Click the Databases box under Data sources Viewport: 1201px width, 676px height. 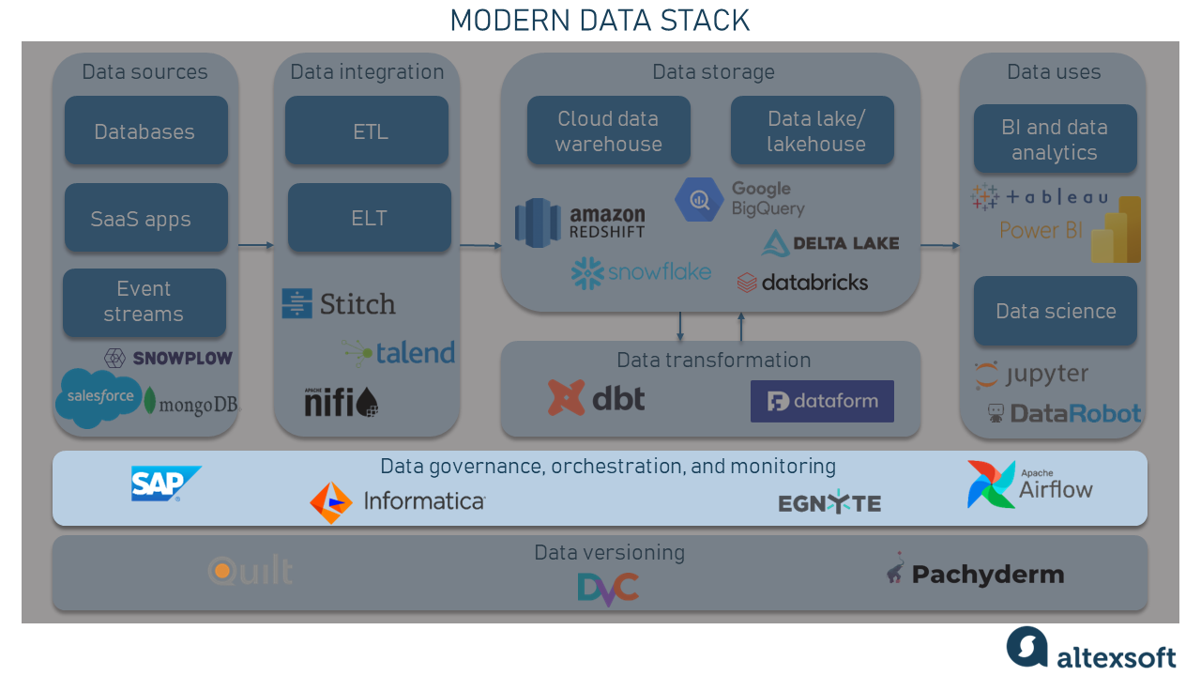(x=145, y=131)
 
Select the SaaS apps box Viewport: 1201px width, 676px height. (x=145, y=219)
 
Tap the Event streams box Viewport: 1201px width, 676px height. (x=144, y=302)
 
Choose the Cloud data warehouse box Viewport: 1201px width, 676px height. (x=608, y=131)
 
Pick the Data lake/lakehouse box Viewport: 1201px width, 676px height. (x=813, y=131)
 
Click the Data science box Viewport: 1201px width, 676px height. (x=1055, y=312)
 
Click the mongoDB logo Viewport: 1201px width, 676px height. (x=191, y=404)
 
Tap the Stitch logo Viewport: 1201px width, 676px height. (x=339, y=304)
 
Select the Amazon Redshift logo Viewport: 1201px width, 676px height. (x=580, y=223)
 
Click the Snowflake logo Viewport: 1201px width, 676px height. (x=641, y=273)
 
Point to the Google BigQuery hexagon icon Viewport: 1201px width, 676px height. (x=699, y=199)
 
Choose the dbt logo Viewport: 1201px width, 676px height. (x=597, y=398)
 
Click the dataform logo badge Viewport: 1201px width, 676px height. (x=822, y=402)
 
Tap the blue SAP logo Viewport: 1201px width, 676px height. (x=165, y=484)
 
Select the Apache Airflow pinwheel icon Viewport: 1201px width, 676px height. (x=991, y=484)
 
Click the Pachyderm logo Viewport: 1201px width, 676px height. (x=975, y=573)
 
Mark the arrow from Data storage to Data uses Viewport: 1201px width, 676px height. (x=939, y=246)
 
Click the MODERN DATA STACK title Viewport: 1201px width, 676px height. (x=600, y=21)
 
